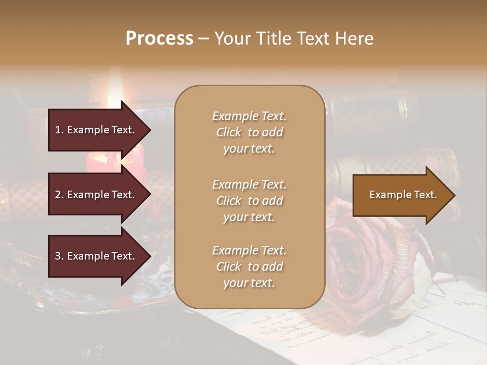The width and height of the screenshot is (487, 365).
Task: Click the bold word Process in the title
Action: [x=159, y=39]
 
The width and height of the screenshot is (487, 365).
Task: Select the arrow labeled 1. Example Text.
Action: [x=96, y=130]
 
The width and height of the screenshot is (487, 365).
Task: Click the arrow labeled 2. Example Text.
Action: [x=96, y=195]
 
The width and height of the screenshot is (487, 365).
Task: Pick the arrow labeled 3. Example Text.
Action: [x=96, y=256]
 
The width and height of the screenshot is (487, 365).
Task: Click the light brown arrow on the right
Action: [x=401, y=195]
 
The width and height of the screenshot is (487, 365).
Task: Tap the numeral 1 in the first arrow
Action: [x=58, y=130]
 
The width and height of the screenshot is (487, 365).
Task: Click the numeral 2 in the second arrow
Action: [x=58, y=195]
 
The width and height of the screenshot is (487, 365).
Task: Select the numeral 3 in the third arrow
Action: [x=58, y=256]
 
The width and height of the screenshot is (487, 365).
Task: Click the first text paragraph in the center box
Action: [x=249, y=132]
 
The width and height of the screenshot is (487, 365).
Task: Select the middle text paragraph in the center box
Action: [x=249, y=200]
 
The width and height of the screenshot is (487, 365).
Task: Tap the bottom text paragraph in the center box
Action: [x=249, y=267]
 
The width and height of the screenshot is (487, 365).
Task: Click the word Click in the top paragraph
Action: [x=229, y=132]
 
